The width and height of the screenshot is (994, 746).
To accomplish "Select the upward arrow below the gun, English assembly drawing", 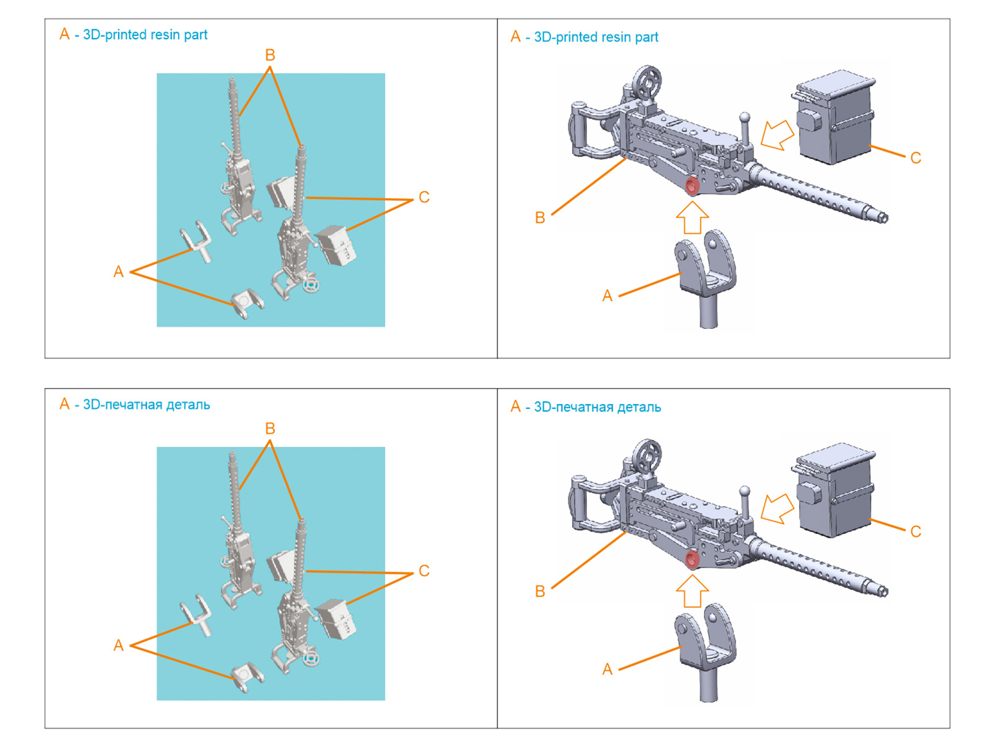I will [x=692, y=218].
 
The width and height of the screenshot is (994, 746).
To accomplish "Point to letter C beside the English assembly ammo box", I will [x=915, y=158].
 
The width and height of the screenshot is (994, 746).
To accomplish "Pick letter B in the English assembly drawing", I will [x=540, y=218].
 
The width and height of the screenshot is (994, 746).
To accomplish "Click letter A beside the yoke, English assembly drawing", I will [x=607, y=296].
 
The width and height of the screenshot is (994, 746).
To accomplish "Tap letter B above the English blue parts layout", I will [x=270, y=55].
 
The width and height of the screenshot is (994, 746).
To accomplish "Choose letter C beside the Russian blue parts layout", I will [x=424, y=571].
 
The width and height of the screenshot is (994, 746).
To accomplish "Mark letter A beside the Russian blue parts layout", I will [x=118, y=645].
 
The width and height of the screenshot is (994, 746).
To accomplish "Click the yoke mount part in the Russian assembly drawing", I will [x=707, y=647].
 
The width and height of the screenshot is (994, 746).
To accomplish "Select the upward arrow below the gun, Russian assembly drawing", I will [x=692, y=591].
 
